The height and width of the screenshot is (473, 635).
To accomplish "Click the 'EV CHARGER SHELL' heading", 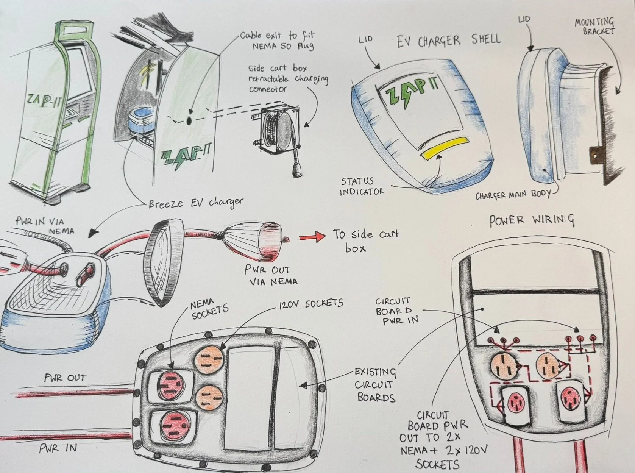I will pos(449,41).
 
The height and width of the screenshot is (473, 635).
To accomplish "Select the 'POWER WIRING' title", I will pos(532,221).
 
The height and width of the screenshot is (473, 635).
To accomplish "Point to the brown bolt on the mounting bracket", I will pos(595,155).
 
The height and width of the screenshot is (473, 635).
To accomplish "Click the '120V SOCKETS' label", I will pos(311,303).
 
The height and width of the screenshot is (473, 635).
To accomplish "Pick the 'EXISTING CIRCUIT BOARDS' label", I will pos(375,385).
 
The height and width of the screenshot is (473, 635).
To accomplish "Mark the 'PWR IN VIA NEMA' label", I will pos(45,225).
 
